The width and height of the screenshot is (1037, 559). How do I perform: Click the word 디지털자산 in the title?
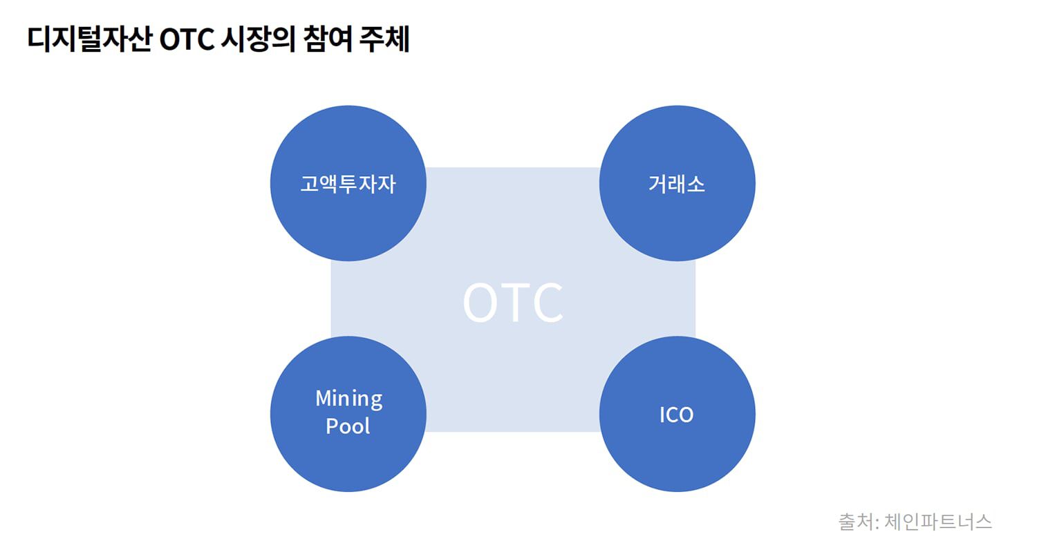(x=90, y=39)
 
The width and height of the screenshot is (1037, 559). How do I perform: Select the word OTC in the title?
(x=187, y=39)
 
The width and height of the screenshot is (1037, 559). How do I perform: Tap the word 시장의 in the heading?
(x=259, y=39)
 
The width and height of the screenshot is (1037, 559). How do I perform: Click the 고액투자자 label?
(x=348, y=184)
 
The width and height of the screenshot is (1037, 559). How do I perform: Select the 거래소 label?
(x=677, y=184)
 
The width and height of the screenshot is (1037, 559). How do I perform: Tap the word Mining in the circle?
(x=349, y=399)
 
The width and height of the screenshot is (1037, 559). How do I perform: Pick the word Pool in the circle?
(x=348, y=426)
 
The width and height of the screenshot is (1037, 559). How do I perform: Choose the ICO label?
(x=676, y=415)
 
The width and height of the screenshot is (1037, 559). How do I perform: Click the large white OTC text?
(x=513, y=303)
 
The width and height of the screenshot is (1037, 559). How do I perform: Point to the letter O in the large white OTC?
(x=480, y=303)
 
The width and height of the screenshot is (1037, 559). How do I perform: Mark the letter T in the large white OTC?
(x=515, y=303)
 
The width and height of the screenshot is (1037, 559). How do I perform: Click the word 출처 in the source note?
(x=856, y=522)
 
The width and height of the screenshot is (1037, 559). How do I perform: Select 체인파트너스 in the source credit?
(x=938, y=522)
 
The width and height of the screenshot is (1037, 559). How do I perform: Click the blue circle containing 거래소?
(x=678, y=183)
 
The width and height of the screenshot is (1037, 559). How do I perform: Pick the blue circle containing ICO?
(x=678, y=414)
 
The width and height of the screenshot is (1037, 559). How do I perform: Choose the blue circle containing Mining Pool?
(x=348, y=414)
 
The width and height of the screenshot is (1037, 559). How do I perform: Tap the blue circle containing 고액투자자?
(x=348, y=183)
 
